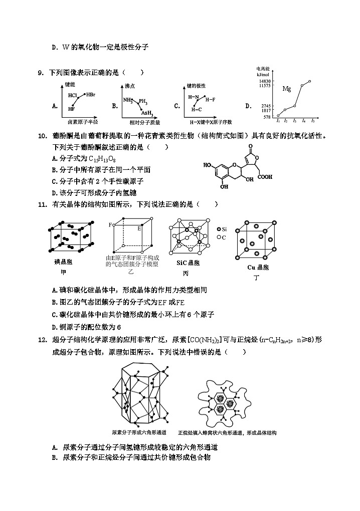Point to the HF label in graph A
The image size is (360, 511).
pyautogui.click(x=72, y=108)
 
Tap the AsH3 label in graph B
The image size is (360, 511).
pyautogui.click(x=147, y=113)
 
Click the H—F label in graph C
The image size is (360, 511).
pyautogui.click(x=211, y=99)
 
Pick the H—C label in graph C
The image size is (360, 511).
pyautogui.click(x=197, y=109)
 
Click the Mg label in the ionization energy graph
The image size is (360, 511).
pyautogui.click(x=287, y=89)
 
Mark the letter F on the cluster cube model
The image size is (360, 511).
pyautogui.click(x=110, y=225)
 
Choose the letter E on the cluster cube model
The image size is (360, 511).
pyautogui.click(x=139, y=227)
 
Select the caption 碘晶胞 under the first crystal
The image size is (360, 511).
pyautogui.click(x=64, y=262)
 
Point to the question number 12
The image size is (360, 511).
pyautogui.click(x=42, y=340)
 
